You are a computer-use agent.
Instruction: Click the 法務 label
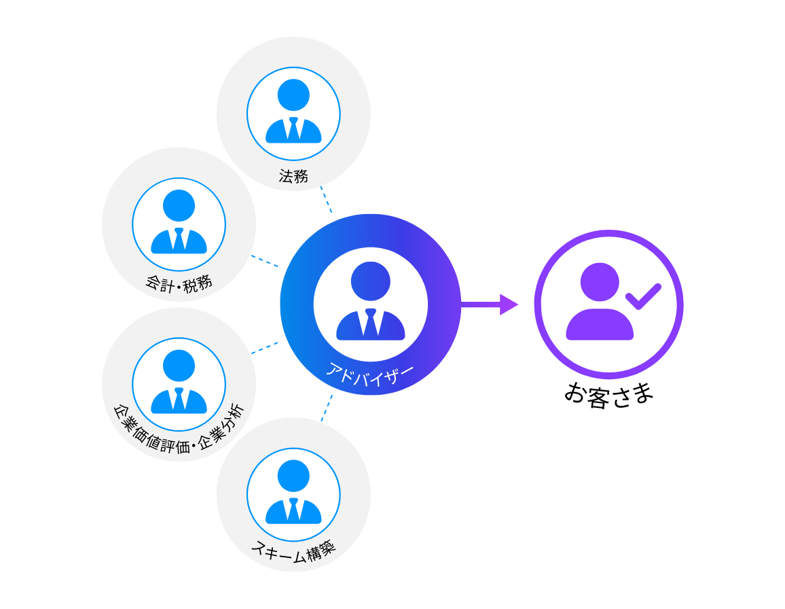[293, 176]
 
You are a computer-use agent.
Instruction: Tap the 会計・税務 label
[179, 282]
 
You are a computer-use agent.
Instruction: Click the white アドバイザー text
[370, 375]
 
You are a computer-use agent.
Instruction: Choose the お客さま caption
[608, 394]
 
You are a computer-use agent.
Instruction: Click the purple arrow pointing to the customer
[489, 304]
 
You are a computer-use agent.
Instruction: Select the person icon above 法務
[293, 113]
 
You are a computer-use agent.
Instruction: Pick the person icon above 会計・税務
[179, 224]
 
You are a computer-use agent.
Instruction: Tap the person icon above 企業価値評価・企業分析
[179, 383]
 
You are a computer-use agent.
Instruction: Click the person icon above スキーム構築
[293, 494]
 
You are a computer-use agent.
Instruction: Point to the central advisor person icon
[370, 302]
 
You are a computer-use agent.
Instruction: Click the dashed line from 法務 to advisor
[326, 200]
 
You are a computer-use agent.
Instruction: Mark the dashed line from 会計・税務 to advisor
[265, 261]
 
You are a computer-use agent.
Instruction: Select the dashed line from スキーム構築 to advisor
[327, 408]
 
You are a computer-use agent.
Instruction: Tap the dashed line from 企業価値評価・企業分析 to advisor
[265, 347]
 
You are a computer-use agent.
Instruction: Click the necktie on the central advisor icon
[370, 323]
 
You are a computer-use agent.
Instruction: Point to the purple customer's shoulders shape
[600, 325]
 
